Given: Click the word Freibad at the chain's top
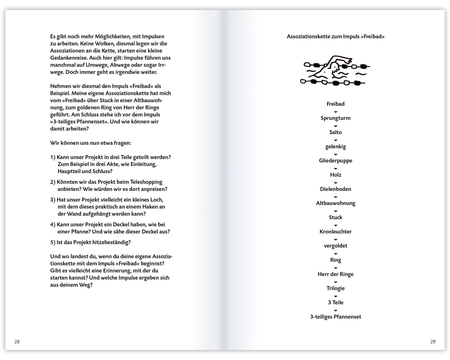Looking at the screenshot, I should tap(336, 104).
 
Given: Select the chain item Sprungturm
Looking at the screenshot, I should tap(336, 118).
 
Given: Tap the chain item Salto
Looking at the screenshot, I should tap(336, 132).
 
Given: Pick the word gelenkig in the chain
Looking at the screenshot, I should tap(336, 147).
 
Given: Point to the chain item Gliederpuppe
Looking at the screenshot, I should tap(336, 161).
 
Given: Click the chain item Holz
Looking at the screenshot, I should tap(336, 175).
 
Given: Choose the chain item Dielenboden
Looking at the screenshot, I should tap(336, 189).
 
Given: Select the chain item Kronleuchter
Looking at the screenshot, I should tap(336, 231).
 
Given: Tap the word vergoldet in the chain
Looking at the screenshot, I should tap(336, 246).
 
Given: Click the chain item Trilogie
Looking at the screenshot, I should tap(336, 288).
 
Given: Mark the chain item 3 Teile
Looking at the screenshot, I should tap(336, 302).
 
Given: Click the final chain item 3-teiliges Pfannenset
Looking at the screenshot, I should tap(336, 317).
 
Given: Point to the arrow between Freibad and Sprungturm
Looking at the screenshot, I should tap(336, 111).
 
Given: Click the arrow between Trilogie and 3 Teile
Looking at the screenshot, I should tap(336, 296).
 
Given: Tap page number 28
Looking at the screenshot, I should tap(17, 342).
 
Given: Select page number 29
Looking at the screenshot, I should tap(433, 342).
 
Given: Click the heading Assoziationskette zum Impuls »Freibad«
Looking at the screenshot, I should tap(336, 36).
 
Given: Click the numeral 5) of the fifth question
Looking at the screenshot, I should tap(53, 242).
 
